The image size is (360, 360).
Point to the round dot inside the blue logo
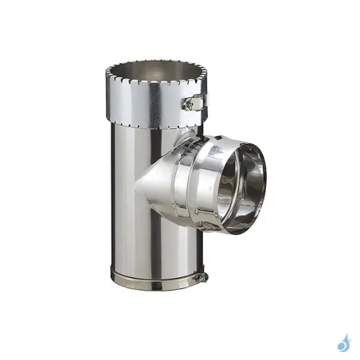coord(341,347)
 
